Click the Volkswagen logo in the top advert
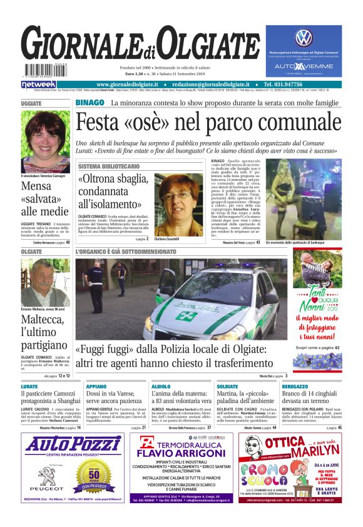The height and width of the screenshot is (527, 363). coord(304,37)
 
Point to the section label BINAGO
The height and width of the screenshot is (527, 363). coord(90,102)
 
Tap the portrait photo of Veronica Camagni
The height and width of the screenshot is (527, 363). coord(45,142)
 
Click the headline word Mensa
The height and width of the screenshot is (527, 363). coord(36,187)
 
